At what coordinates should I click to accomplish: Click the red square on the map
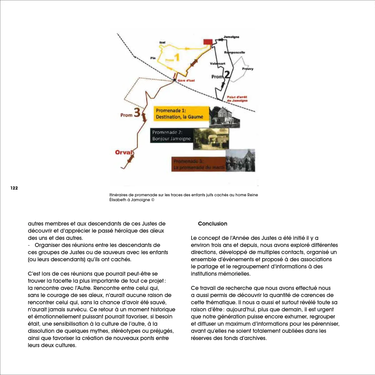coord(208,42)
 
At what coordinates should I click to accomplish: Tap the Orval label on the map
coord(124,152)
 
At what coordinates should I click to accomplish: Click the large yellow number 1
coord(177,57)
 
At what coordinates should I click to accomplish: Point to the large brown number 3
coord(137,112)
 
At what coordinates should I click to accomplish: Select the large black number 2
coord(227,74)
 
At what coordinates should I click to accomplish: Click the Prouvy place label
coord(247,69)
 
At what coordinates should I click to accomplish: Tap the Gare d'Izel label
coord(186,81)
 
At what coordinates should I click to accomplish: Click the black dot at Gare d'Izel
coord(174,80)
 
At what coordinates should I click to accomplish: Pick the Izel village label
coord(162,42)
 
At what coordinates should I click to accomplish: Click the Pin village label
coord(153,58)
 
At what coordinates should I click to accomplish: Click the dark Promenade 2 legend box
coord(172,136)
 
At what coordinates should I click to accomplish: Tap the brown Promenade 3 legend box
coord(199,164)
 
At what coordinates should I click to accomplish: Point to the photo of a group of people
coord(240,160)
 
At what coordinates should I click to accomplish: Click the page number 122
coord(14,188)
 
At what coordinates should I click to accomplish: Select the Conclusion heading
coord(212,224)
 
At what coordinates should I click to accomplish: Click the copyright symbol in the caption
coord(153,200)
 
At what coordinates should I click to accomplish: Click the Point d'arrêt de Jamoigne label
coord(237,99)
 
